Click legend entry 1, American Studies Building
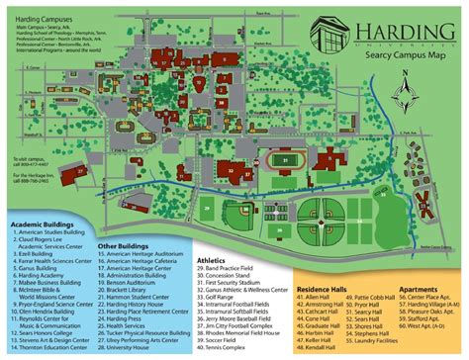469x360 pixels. [50, 232]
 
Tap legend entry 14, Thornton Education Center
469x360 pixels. [54, 349]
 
